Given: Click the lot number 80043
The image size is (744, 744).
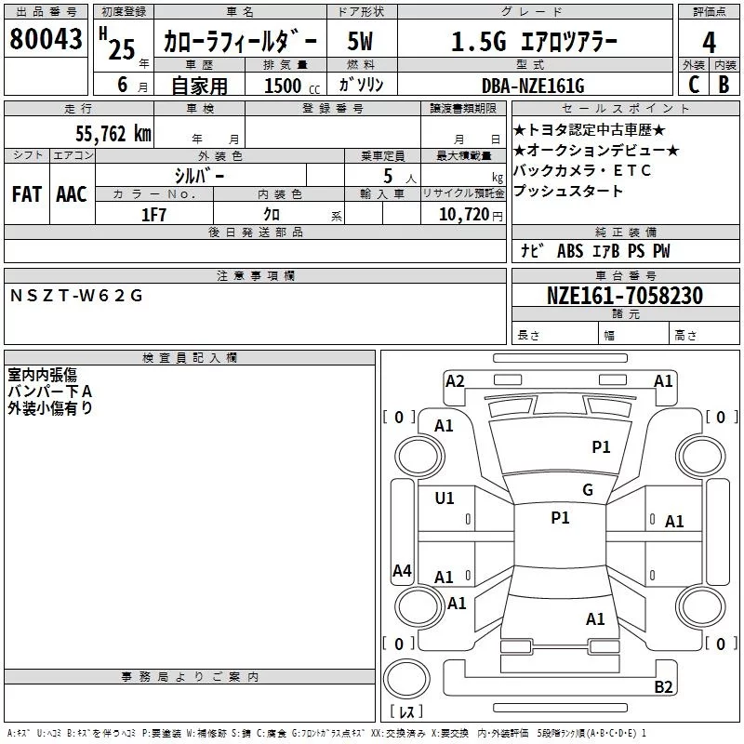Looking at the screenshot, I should tap(46, 39).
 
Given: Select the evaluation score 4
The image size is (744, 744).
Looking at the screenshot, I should tap(709, 42).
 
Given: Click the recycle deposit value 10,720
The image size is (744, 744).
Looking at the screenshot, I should tap(462, 215).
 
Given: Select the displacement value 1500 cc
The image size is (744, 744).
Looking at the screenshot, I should tap(283, 86).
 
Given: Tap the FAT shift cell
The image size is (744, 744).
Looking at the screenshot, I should tap(27, 193).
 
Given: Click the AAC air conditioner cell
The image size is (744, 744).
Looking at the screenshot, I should tap(71, 193).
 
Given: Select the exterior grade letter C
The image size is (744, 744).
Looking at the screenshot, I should tap(693, 85).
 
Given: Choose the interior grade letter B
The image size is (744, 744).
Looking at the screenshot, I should tap(724, 85).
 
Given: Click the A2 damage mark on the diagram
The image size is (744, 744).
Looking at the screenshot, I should tap(455, 380).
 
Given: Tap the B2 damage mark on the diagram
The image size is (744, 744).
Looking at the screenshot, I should tap(663, 686).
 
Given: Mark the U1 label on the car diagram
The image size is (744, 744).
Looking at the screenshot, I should tap(445, 498).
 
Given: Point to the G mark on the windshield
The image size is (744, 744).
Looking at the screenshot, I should tap(587, 489).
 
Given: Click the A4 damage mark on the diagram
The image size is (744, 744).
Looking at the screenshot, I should tap(402, 570).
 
